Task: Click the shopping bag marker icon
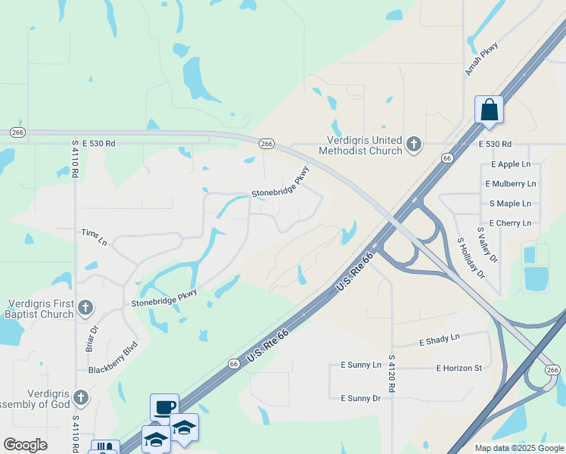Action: coord(490,110)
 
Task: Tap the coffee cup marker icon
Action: coord(164,407)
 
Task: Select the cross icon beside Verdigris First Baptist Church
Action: coord(86,307)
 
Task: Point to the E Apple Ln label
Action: coord(511,164)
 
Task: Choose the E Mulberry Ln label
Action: coord(511,184)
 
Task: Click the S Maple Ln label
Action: coord(510,204)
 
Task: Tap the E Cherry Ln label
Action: coord(510,223)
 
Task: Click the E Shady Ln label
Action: coord(439,340)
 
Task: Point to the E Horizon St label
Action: coord(459,368)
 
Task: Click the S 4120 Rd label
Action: coord(392,374)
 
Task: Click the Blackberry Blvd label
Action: coord(113,359)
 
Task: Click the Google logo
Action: coord(25,445)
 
